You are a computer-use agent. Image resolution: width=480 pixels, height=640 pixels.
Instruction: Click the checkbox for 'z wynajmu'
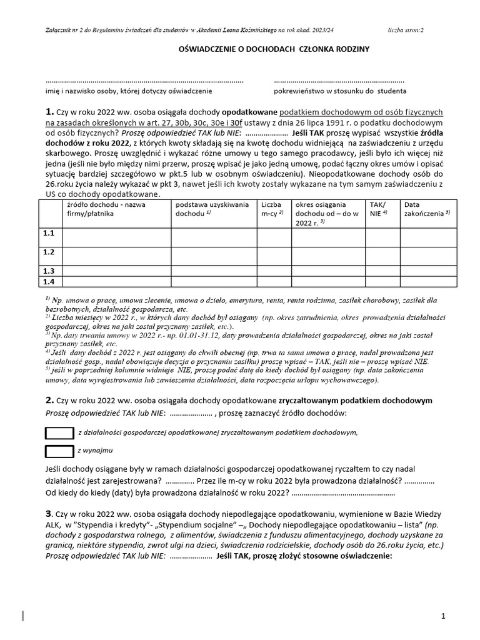click(x=60, y=451)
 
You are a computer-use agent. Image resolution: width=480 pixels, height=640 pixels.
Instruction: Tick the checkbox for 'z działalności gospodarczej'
click(x=60, y=432)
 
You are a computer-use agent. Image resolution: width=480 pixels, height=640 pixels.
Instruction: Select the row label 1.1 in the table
click(x=48, y=233)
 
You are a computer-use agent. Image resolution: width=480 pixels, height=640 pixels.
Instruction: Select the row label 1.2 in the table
click(x=48, y=252)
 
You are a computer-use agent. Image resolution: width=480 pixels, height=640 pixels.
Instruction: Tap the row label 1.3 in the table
click(x=48, y=271)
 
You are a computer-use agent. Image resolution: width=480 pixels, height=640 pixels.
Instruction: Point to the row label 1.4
click(x=48, y=281)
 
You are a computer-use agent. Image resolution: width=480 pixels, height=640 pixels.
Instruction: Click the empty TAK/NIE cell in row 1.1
click(x=381, y=237)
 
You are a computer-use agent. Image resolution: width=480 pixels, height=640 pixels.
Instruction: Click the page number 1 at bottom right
click(x=443, y=616)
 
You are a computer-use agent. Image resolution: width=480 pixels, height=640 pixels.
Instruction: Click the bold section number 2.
click(x=49, y=400)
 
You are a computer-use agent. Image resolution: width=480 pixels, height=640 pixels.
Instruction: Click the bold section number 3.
click(x=49, y=512)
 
